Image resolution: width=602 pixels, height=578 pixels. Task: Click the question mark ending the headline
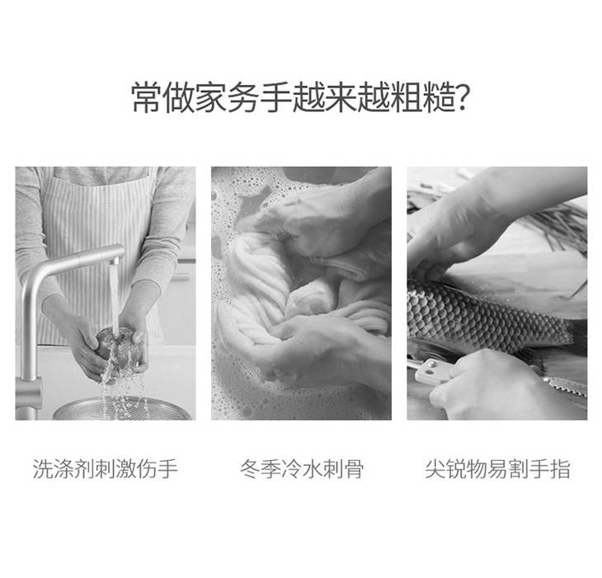461,99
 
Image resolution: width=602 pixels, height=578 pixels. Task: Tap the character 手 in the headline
275,98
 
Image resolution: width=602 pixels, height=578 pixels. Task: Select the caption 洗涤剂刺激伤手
106,468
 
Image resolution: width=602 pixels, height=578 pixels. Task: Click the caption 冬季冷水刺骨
302,468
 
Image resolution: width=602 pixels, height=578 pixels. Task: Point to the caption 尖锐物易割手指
497,468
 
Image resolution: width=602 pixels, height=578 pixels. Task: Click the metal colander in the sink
122,408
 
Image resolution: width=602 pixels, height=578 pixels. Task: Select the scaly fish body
487,316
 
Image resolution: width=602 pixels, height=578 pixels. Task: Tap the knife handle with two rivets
432,371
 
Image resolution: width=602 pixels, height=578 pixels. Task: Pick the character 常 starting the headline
147,98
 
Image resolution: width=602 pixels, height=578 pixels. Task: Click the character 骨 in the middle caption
353,468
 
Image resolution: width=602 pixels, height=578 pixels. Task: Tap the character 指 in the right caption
560,468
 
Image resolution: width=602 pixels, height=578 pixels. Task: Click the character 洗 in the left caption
43,468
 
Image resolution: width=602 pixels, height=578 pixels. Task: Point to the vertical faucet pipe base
28,395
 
